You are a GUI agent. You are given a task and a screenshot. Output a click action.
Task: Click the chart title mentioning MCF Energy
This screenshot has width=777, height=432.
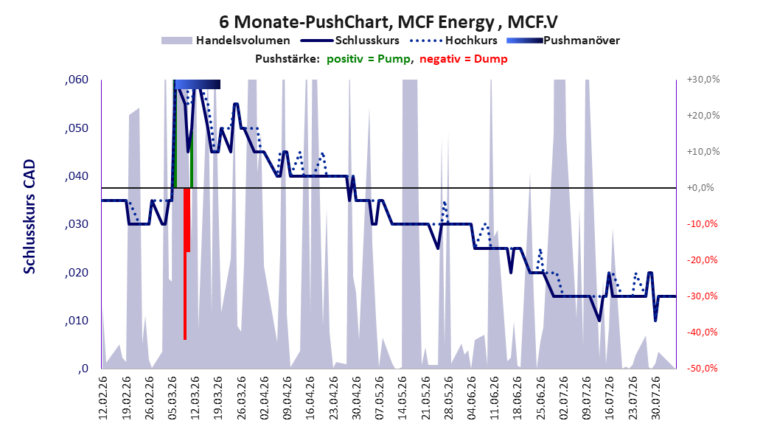tap(388, 22)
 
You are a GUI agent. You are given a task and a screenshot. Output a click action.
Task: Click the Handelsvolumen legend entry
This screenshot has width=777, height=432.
tap(226, 41)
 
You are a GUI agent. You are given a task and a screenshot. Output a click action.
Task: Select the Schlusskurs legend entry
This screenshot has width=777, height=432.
tap(350, 41)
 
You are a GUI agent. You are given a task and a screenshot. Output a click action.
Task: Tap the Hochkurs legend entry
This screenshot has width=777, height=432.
tap(453, 41)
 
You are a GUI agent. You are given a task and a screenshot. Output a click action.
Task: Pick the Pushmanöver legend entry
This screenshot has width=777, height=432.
tap(563, 41)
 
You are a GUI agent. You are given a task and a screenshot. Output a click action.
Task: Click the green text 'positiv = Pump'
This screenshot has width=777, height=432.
tap(369, 59)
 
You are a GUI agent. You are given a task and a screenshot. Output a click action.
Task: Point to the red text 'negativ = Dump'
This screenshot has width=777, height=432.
tap(464, 59)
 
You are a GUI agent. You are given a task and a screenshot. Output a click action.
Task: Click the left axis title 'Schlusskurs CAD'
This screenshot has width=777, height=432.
tap(29, 217)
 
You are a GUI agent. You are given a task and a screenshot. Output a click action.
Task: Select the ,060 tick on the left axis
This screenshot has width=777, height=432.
tap(77, 80)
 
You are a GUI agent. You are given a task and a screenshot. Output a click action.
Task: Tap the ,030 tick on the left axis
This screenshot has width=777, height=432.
tap(77, 224)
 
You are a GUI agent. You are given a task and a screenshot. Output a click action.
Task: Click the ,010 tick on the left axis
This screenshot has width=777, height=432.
tap(77, 321)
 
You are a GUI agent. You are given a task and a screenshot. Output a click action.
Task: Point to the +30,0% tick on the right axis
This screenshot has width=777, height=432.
tap(703, 80)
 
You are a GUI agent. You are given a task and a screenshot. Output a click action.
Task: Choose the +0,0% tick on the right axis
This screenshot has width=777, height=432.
tap(700, 188)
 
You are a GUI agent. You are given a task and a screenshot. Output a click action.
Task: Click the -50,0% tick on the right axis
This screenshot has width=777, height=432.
tap(702, 369)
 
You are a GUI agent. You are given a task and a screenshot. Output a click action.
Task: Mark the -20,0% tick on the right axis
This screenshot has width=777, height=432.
tap(702, 260)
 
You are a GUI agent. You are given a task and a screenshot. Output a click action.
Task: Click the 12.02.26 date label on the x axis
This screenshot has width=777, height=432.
tap(103, 398)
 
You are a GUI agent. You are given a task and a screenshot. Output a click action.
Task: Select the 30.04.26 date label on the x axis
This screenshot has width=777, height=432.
tap(356, 398)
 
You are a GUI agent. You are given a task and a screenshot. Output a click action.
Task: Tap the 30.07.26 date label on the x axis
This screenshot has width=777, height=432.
tap(655, 398)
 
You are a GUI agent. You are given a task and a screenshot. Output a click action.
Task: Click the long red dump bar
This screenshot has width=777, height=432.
tap(185, 264)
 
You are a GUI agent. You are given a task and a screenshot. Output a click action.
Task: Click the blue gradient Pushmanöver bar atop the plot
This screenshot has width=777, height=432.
tap(198, 84)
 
